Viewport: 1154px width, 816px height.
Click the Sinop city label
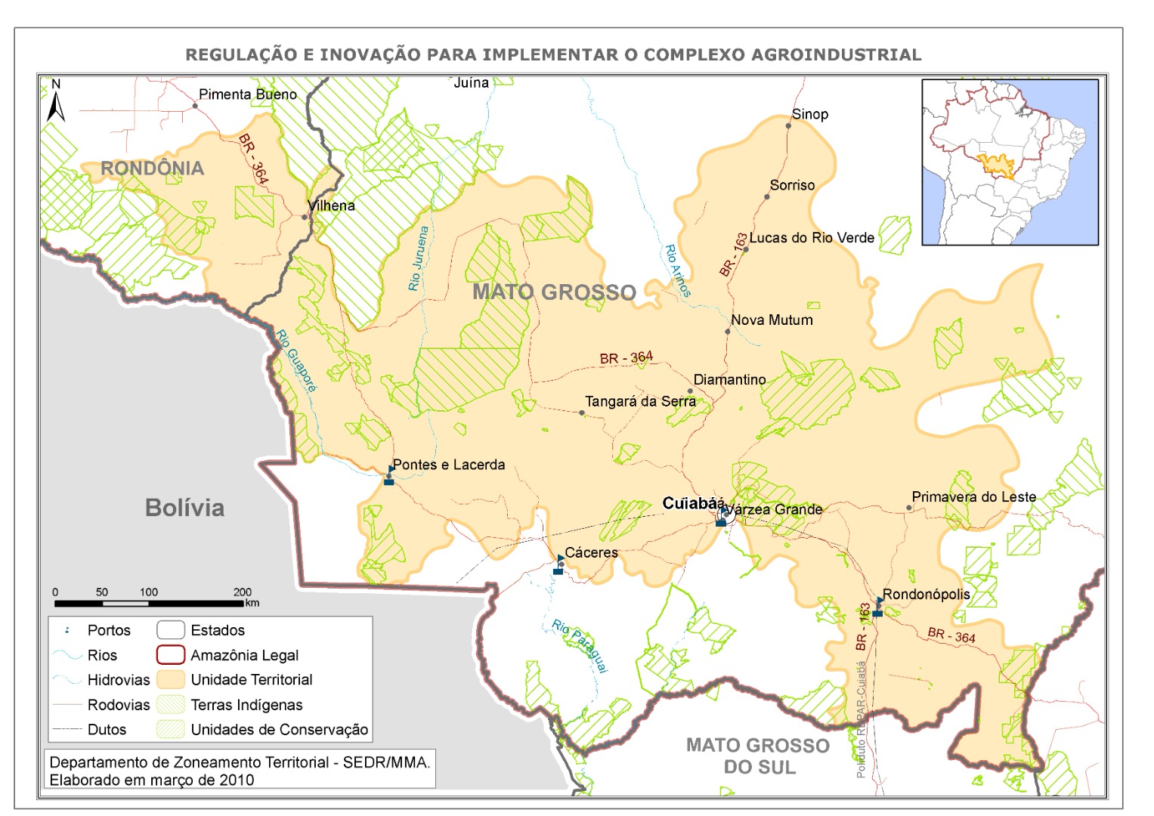pos(809,114)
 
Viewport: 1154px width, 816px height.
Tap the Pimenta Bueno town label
pos(247,94)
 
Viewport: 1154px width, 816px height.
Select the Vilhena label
pos(331,206)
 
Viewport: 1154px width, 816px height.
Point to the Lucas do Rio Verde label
pos(811,238)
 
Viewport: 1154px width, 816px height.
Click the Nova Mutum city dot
pos(727,332)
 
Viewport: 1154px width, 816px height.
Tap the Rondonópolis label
pos(926,594)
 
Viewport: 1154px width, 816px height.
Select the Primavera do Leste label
pos(973,497)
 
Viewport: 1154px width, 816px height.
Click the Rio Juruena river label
pos(418,259)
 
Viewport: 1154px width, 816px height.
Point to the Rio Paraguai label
pos(580,646)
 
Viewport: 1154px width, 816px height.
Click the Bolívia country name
pos(184,508)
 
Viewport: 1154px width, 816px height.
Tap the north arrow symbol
pos(56,101)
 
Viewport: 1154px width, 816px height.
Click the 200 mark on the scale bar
pos(242,592)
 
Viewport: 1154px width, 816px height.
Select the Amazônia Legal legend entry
pos(244,655)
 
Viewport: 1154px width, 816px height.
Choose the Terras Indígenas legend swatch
pos(171,705)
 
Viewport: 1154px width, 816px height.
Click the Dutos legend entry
pos(107,730)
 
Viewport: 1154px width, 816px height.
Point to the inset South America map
pos(1009,162)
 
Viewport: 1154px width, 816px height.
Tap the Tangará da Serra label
pos(639,402)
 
